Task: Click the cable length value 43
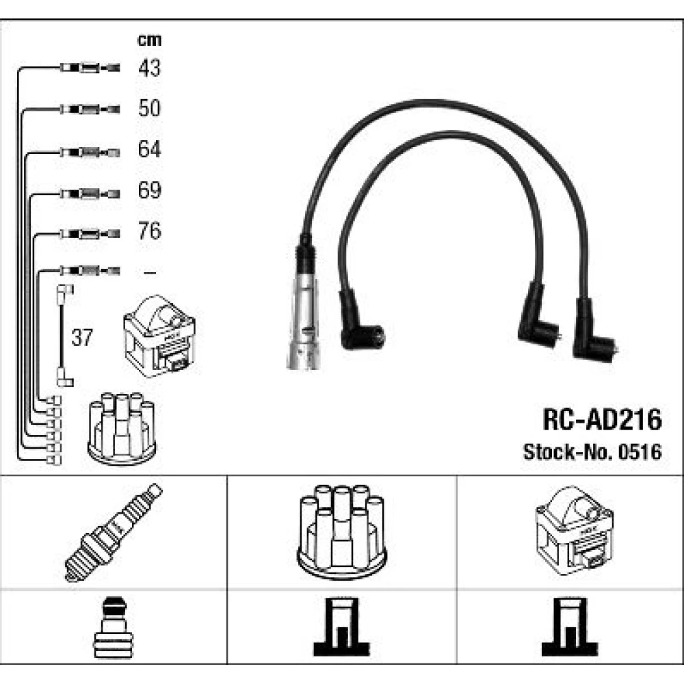[149, 68]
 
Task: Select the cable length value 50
[149, 108]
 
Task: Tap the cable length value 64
[149, 149]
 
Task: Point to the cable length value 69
[149, 190]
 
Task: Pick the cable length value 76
[149, 231]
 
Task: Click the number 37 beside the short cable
[82, 338]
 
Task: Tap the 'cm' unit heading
[149, 40]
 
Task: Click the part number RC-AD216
[602, 420]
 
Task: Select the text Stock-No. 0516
[592, 452]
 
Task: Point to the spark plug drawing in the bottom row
[114, 532]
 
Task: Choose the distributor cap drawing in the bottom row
[342, 532]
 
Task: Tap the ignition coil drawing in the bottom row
[574, 531]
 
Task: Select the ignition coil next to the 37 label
[159, 336]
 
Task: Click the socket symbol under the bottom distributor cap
[341, 627]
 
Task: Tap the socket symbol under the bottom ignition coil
[570, 627]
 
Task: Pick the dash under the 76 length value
[150, 273]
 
